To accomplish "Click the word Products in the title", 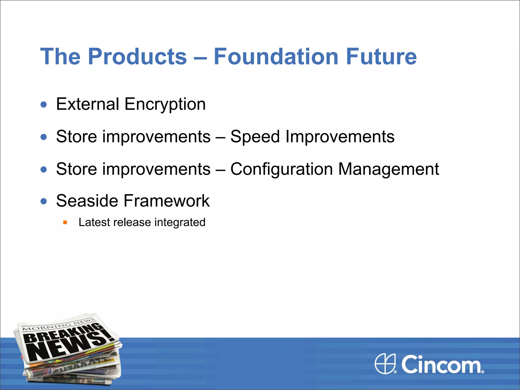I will [x=137, y=57].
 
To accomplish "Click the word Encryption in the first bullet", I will [x=165, y=104].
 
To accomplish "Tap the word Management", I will [x=388, y=169].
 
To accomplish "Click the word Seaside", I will [x=87, y=201].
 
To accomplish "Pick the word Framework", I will [x=167, y=201].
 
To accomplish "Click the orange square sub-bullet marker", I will [x=65, y=223].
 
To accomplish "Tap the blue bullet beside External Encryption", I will [x=44, y=105].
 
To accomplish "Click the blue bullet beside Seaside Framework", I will [x=44, y=202].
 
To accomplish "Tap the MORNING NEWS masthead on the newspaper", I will [x=58, y=325].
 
